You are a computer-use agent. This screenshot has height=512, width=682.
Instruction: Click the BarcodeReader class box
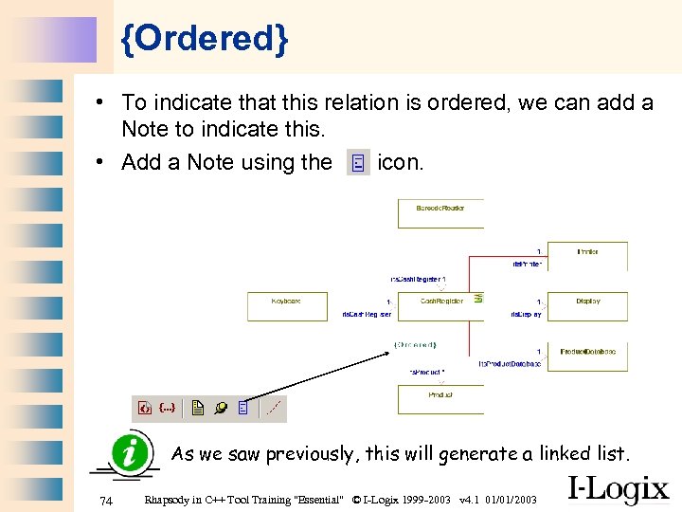point(440,212)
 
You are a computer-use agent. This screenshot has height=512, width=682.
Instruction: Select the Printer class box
point(587,256)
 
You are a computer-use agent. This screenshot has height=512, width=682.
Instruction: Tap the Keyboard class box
point(286,305)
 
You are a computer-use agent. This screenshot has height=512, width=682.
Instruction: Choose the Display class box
point(587,305)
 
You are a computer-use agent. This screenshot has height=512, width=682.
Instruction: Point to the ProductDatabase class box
point(587,356)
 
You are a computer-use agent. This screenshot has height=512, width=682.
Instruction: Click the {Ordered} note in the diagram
point(415,344)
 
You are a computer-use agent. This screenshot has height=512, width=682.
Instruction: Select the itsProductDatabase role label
point(510,363)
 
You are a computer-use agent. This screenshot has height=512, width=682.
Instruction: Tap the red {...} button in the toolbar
point(167,409)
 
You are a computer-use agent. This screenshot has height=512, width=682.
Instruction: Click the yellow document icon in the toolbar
point(198,409)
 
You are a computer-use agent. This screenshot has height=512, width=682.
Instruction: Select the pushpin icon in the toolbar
point(221,409)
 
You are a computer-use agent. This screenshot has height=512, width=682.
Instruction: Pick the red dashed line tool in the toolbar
point(274,409)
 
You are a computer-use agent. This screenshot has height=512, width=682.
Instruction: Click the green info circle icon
point(130,452)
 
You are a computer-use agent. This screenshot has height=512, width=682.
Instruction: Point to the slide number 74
point(106,501)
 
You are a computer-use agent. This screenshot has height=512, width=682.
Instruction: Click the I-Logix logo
point(618,488)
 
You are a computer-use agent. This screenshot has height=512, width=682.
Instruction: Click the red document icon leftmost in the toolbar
point(144,409)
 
